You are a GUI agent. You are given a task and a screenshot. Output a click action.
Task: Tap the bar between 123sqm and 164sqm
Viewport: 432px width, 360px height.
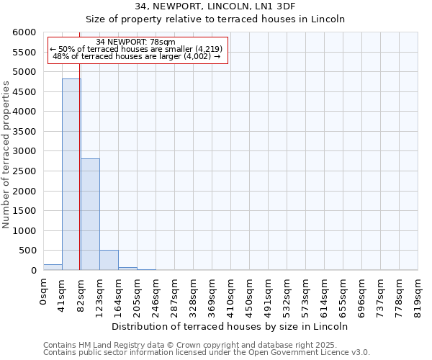click(x=109, y=260)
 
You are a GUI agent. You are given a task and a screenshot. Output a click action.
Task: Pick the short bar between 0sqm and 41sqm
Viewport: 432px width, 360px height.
click(x=53, y=267)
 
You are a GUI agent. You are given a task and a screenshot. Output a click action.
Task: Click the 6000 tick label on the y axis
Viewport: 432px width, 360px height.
click(x=24, y=33)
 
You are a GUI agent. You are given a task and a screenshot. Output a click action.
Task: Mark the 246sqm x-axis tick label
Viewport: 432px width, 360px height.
click(x=156, y=294)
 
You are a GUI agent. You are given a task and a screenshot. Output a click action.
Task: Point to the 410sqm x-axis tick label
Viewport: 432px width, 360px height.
click(x=231, y=294)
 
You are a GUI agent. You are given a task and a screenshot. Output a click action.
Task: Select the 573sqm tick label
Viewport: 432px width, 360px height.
click(x=306, y=294)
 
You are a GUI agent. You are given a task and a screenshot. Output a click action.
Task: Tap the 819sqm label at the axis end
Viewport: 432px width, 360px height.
click(x=418, y=294)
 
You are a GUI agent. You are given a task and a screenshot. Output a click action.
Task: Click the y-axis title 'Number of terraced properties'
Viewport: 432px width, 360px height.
click(x=6, y=155)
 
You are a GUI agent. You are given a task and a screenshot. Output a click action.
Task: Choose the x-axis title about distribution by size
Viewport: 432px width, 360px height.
click(x=230, y=326)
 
